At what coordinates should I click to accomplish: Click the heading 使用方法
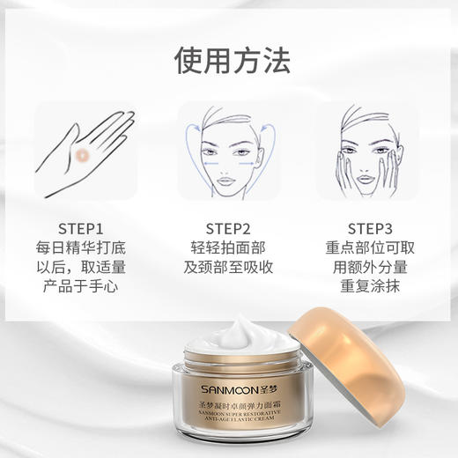(x=228, y=59)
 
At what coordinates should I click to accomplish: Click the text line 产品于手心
(x=86, y=287)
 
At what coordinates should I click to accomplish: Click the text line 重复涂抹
(x=370, y=287)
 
